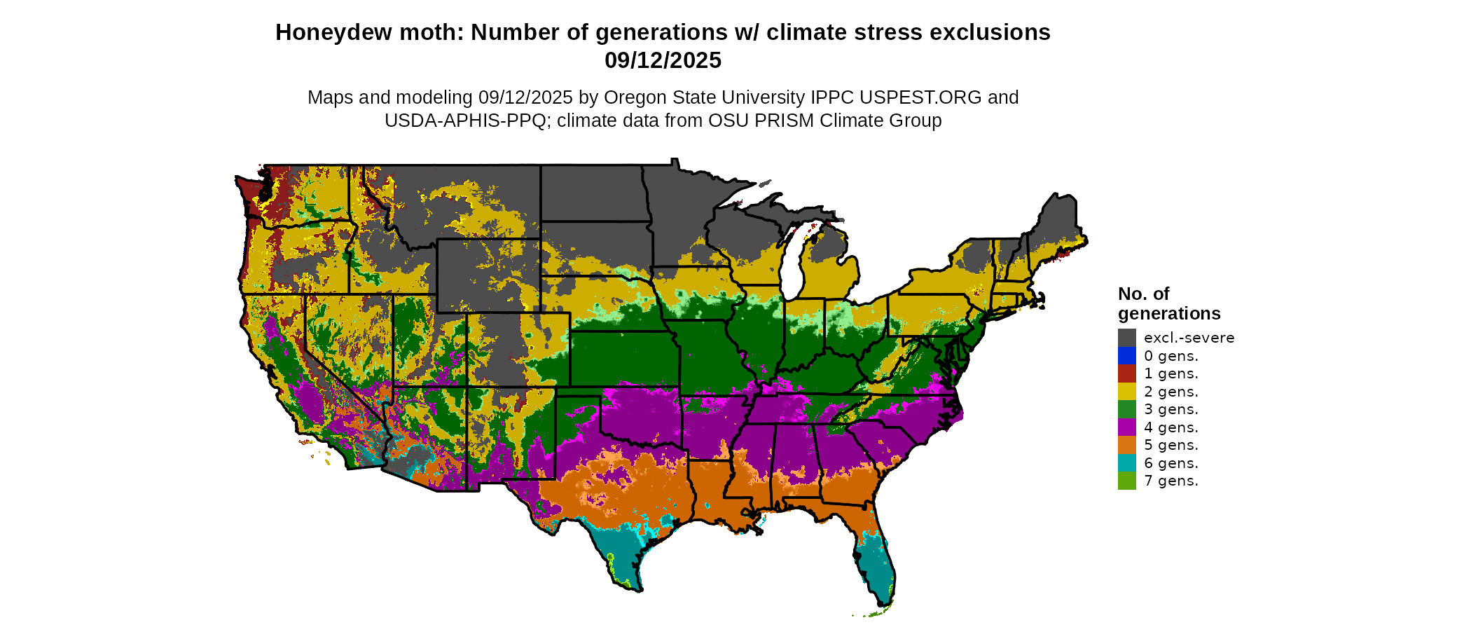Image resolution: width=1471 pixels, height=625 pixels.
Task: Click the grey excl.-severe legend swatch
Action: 1126,338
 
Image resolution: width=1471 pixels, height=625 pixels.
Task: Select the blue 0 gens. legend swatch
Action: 1126,356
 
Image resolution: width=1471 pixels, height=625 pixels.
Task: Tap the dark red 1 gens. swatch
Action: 1126,373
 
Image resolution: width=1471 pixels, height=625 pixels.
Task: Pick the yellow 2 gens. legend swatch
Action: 1126,392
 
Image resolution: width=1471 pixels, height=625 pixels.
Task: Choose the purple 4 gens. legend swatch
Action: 1126,427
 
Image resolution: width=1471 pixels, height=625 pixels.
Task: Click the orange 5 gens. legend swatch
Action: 1126,445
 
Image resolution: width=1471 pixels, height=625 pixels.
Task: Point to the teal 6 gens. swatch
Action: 1126,463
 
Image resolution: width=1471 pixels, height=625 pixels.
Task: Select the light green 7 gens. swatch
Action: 1126,481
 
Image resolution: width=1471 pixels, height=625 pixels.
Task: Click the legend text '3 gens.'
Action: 1171,409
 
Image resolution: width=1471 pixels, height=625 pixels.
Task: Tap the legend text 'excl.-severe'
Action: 1189,338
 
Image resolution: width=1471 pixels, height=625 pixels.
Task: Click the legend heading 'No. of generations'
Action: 1168,303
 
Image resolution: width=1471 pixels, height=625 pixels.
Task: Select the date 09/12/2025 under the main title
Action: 663,60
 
